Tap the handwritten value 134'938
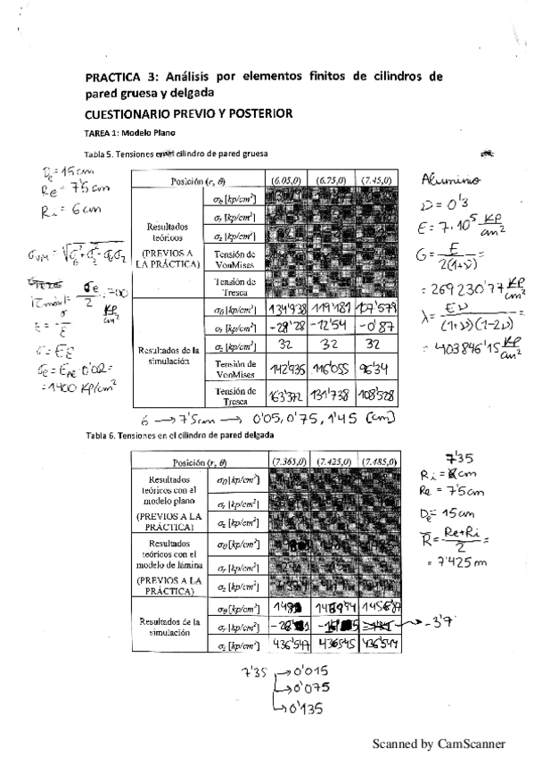coord(287,309)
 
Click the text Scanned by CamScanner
coord(439,743)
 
